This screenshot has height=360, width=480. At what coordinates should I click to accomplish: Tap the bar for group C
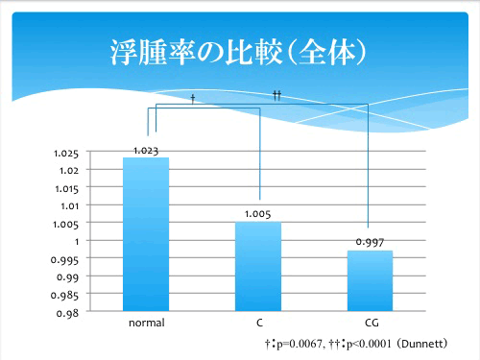(259, 266)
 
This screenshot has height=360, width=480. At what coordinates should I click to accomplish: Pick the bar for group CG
(370, 280)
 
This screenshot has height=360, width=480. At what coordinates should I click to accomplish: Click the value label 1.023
(146, 150)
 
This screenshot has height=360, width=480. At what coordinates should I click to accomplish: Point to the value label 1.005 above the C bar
(258, 214)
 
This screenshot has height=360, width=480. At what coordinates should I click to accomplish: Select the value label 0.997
(370, 243)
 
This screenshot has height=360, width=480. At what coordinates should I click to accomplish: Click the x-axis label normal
(146, 324)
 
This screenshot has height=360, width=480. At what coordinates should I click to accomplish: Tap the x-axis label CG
(371, 324)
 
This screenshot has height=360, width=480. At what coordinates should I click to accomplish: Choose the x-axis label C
(259, 324)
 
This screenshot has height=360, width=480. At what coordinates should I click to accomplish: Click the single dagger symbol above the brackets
(193, 99)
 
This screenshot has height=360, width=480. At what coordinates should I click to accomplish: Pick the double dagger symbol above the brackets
(276, 95)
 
